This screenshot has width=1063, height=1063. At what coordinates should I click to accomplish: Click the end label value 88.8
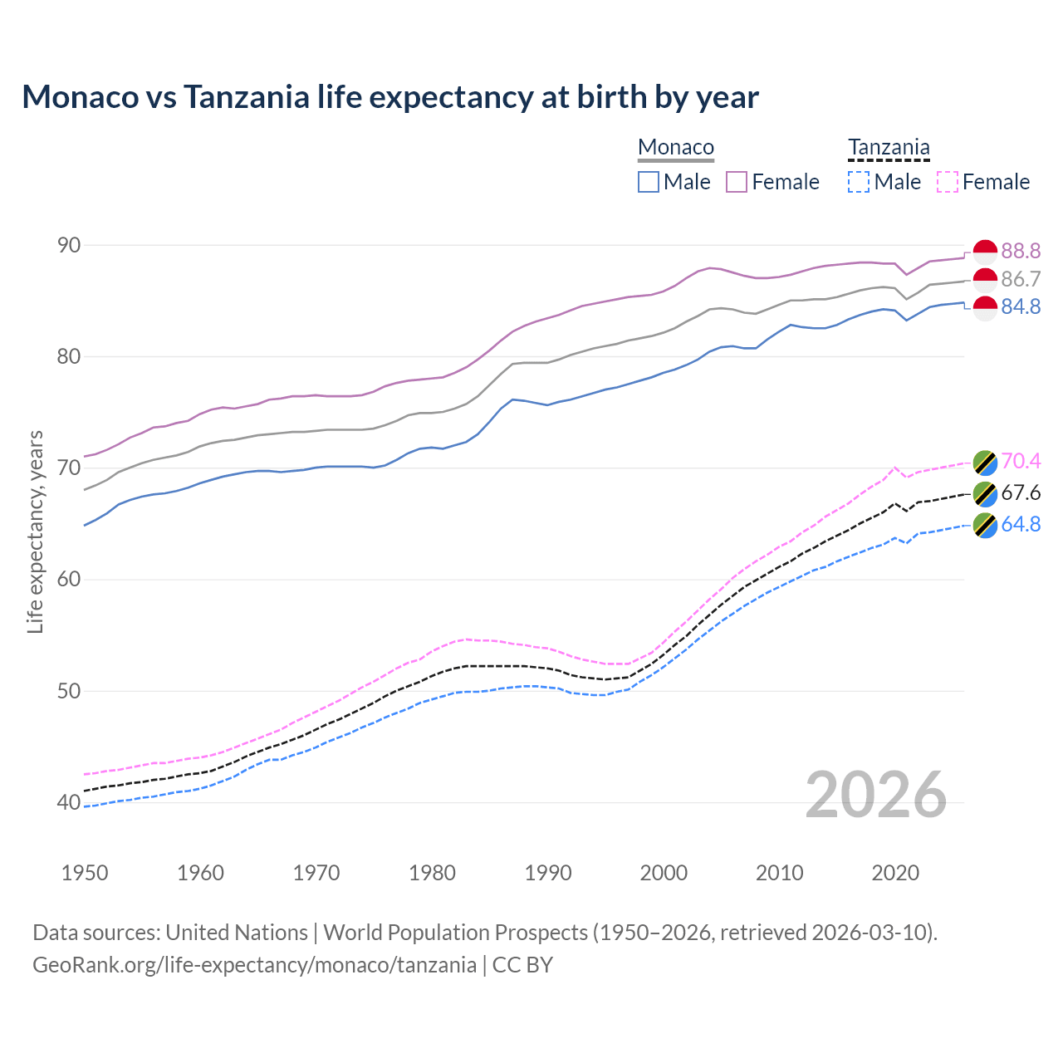1021,251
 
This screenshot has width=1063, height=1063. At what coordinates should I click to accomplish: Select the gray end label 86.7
1021,279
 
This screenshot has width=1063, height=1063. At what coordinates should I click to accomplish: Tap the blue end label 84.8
1021,307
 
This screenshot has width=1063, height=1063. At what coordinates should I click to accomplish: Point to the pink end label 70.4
1021,461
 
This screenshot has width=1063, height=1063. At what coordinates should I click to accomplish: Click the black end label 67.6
1021,493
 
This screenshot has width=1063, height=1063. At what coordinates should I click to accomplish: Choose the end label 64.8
1021,525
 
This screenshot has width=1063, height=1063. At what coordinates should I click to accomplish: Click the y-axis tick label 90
69,245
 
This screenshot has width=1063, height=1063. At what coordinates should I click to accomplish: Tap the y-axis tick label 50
69,691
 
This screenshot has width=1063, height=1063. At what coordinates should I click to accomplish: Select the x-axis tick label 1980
432,873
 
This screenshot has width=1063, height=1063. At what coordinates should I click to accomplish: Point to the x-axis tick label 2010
779,873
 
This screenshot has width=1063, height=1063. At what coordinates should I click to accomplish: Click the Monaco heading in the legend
676,148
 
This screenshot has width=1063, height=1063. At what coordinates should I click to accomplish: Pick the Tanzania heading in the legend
889,148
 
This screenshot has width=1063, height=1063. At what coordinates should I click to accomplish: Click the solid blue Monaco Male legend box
649,182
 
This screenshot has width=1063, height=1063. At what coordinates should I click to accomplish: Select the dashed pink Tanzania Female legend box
948,182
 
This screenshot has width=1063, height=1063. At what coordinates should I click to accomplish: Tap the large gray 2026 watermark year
875,795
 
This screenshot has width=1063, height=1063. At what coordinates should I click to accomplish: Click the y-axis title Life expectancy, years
35,531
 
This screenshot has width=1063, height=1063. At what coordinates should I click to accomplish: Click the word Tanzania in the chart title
246,97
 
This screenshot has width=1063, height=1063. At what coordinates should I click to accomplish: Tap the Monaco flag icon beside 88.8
985,251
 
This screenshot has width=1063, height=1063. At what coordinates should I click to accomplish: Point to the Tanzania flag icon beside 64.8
985,525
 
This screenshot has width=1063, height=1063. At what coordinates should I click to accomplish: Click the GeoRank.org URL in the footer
254,965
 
